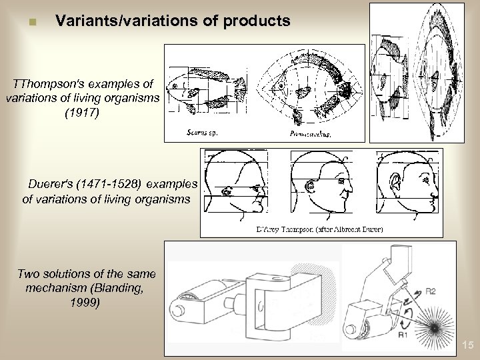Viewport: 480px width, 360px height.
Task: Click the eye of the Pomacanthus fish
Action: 282,86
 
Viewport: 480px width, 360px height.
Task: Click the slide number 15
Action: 467,345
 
